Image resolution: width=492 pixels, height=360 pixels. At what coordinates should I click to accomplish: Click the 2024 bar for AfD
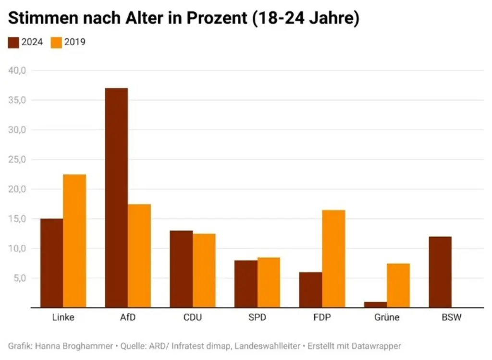116,198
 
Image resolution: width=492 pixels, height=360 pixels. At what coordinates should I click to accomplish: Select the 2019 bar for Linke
74,241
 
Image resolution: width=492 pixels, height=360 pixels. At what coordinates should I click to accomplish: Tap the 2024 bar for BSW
440,272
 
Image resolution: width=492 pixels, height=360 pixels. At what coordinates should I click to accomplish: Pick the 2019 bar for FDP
333,259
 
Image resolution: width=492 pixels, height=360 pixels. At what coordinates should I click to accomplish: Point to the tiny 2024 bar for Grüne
375,304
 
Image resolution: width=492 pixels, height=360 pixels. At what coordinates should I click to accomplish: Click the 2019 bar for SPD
269,282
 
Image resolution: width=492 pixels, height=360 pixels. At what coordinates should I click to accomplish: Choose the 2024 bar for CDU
181,269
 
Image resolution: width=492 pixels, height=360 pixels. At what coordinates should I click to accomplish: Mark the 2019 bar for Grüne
398,285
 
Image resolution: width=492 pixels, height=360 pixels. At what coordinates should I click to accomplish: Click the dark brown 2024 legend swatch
13,42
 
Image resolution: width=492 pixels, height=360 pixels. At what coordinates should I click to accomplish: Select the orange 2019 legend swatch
56,42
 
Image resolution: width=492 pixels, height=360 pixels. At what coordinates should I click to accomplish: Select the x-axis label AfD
128,318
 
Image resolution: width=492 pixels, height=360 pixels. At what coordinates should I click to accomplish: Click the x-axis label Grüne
386,318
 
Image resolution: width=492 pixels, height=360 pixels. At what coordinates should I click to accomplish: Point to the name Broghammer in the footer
86,346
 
